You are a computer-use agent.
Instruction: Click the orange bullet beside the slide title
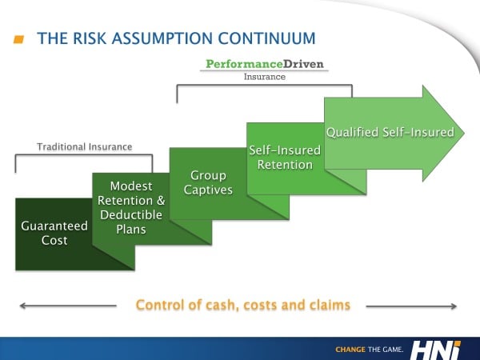[x=19, y=38]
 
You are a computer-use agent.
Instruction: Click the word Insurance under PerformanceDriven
[x=264, y=78]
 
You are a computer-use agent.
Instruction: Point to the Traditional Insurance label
[x=84, y=146]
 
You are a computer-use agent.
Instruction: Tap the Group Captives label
[x=208, y=183]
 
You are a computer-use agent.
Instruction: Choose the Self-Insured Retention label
[x=285, y=158]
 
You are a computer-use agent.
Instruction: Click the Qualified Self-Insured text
[x=390, y=132]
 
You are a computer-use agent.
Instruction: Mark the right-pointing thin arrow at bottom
[x=412, y=305]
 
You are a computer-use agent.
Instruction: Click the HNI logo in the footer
[x=438, y=348]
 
